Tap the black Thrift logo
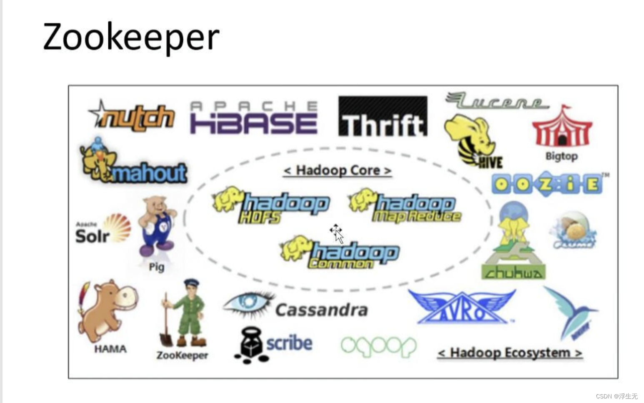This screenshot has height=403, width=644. point(383,117)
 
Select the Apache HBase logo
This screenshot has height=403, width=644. point(253,118)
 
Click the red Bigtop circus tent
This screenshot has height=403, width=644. point(562,128)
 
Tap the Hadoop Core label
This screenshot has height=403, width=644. point(337,170)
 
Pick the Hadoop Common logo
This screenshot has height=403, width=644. point(340,252)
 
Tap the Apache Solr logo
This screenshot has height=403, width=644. point(102,229)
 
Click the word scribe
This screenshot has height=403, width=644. point(289,343)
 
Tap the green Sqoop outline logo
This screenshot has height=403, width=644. point(378,346)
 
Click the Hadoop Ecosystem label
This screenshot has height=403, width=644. point(509,353)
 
